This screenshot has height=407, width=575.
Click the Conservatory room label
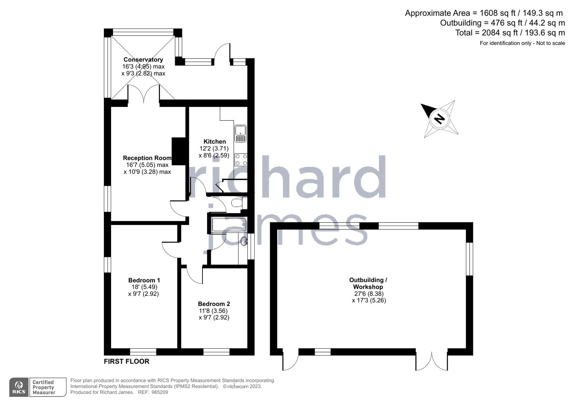[x=143, y=60]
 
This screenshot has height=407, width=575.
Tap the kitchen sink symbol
[x=240, y=134]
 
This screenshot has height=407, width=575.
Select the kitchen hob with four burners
[x=241, y=159]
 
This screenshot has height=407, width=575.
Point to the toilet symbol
[x=238, y=203]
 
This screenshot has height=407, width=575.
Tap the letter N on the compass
[x=439, y=118]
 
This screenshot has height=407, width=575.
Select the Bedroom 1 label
[x=144, y=280]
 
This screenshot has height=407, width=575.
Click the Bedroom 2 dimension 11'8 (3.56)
[x=214, y=311]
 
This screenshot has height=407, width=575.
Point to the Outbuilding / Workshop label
[x=368, y=283]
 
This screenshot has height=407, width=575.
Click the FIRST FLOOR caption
[x=127, y=361]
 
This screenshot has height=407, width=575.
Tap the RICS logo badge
[x=19, y=387]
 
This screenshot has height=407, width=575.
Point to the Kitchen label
[x=215, y=142]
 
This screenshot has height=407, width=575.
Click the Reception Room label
[x=147, y=158]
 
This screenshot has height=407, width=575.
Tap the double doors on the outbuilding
[x=432, y=361]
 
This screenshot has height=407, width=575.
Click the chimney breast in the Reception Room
[x=179, y=151]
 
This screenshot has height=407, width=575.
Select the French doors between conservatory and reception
[x=143, y=94]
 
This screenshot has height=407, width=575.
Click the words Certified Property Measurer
[x=44, y=387]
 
